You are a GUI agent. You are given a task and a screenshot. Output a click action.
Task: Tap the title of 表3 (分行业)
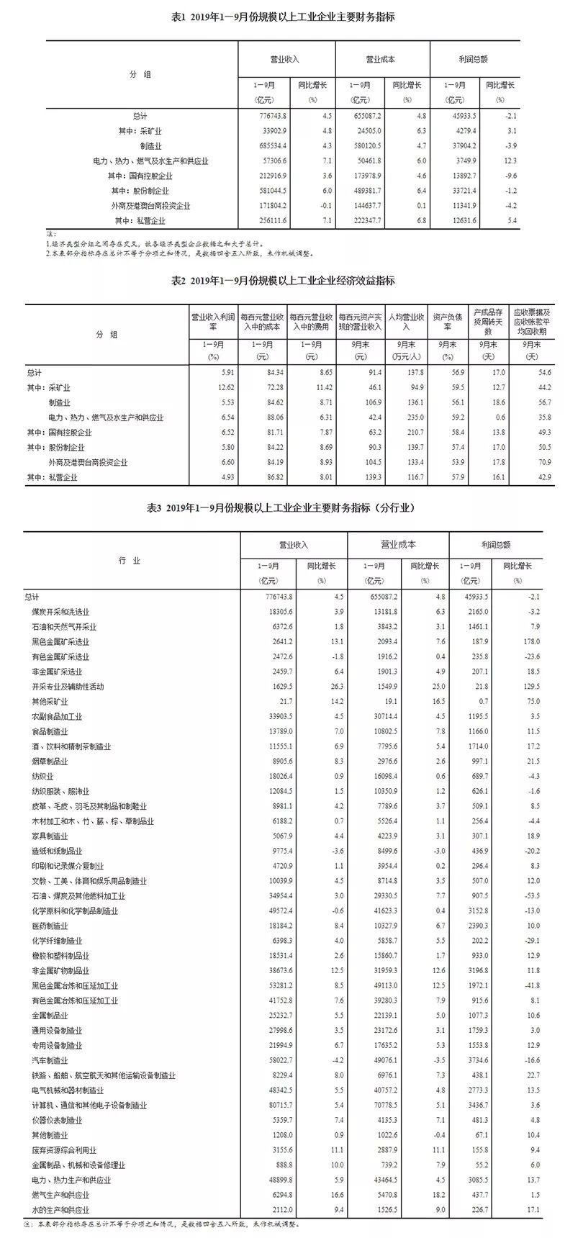pos(291,508)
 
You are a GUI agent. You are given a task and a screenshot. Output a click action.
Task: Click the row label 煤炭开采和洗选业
pos(68,611)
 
